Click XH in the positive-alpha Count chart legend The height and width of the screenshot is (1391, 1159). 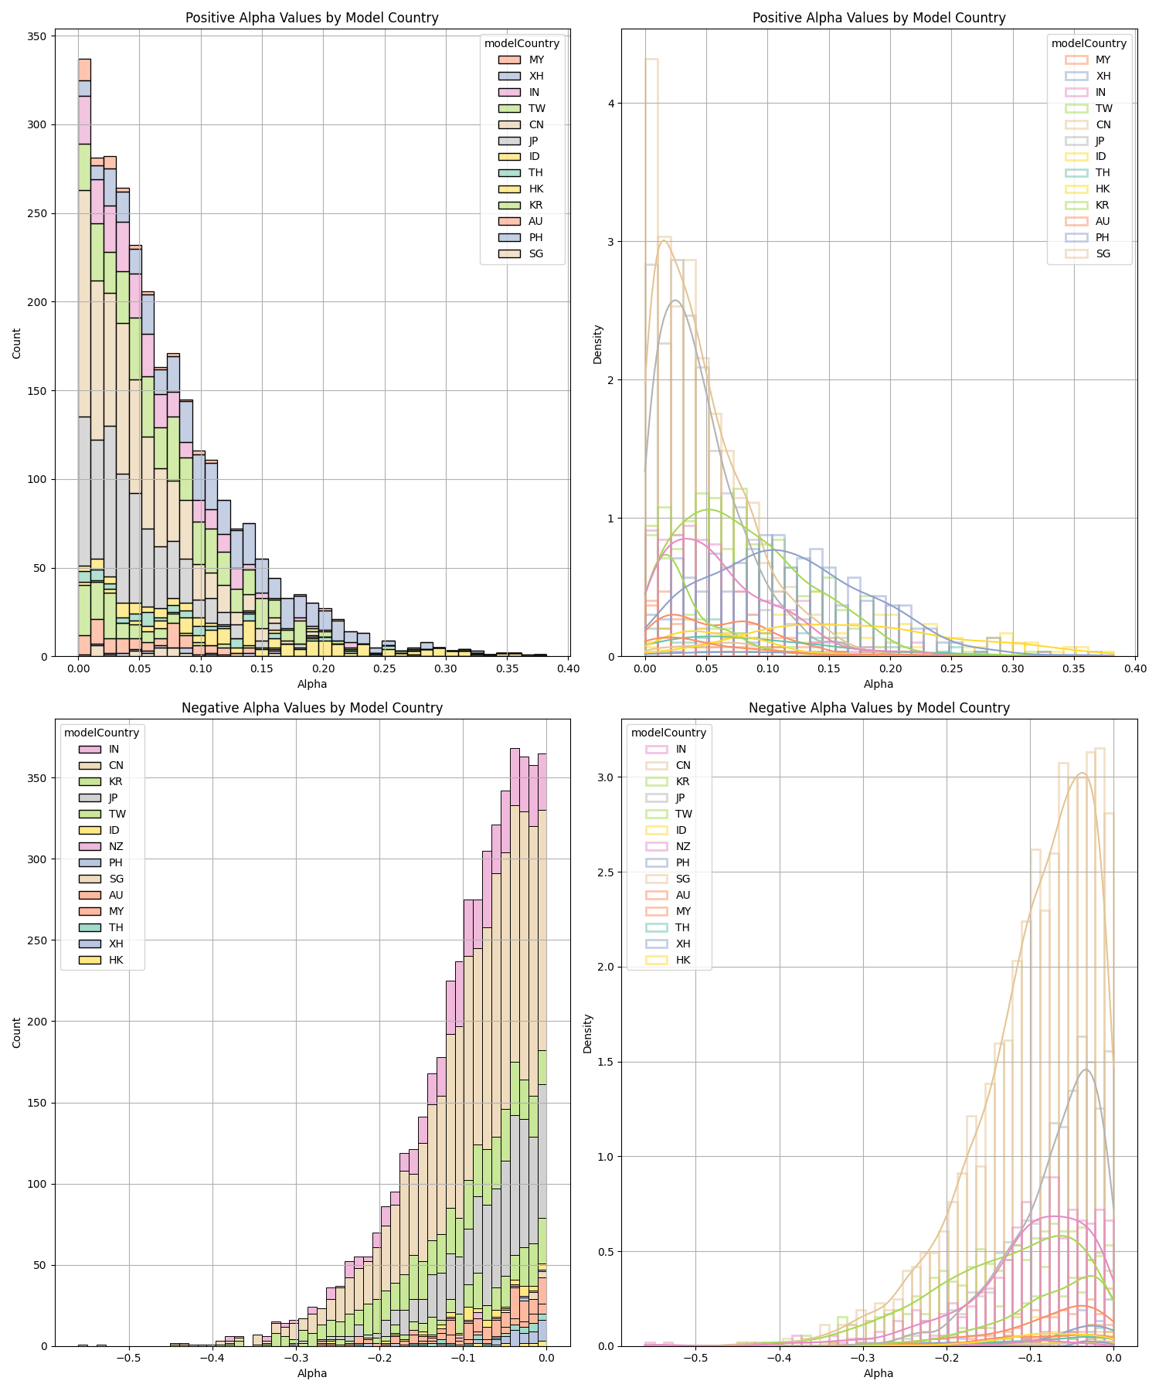[x=536, y=76]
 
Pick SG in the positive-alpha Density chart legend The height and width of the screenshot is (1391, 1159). [x=1103, y=253]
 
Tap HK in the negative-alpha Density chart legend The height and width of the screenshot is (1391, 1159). [x=683, y=960]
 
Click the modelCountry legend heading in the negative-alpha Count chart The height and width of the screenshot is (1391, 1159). [x=101, y=733]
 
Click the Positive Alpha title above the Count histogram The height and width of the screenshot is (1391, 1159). [x=311, y=18]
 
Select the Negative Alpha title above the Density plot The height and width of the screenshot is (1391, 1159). [x=879, y=708]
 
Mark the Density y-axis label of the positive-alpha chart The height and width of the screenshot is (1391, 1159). [x=597, y=344]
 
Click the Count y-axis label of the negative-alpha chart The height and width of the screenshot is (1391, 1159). [x=17, y=1032]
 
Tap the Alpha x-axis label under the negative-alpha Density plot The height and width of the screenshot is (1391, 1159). [x=879, y=1373]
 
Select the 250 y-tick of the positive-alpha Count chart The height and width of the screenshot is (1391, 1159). [x=38, y=213]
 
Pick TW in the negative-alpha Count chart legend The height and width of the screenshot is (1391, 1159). [x=117, y=814]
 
